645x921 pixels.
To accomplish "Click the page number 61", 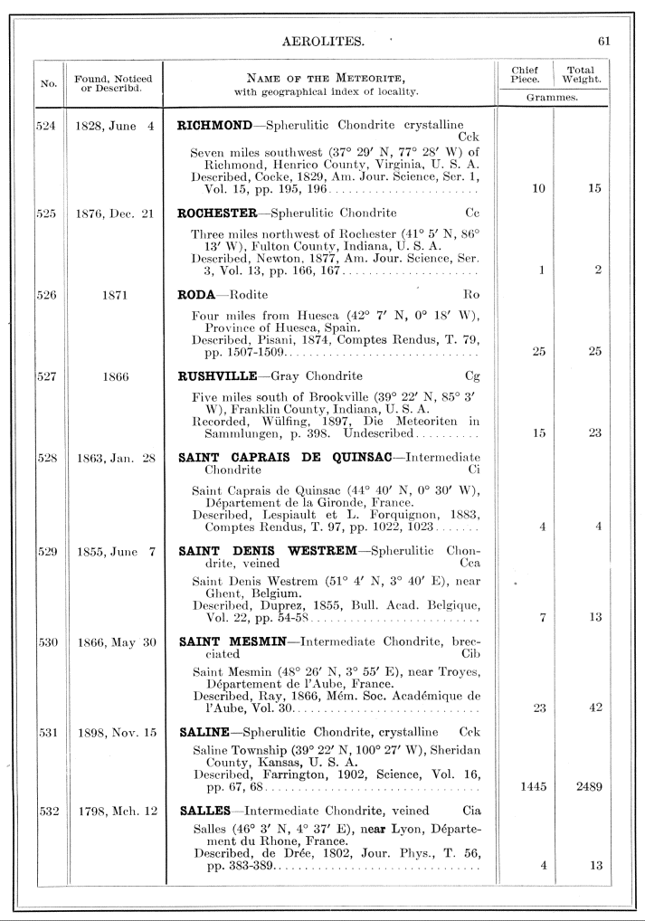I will (x=605, y=41).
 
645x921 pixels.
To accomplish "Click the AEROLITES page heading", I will (x=323, y=41).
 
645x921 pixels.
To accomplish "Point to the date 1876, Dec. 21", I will (x=114, y=214).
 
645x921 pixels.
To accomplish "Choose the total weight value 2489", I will (x=588, y=786).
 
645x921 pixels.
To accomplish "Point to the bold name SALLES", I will (x=204, y=811).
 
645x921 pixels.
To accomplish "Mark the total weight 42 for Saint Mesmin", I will (x=595, y=707).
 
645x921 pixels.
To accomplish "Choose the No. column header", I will (x=47, y=84).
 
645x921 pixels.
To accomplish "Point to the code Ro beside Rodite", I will (x=470, y=294).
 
